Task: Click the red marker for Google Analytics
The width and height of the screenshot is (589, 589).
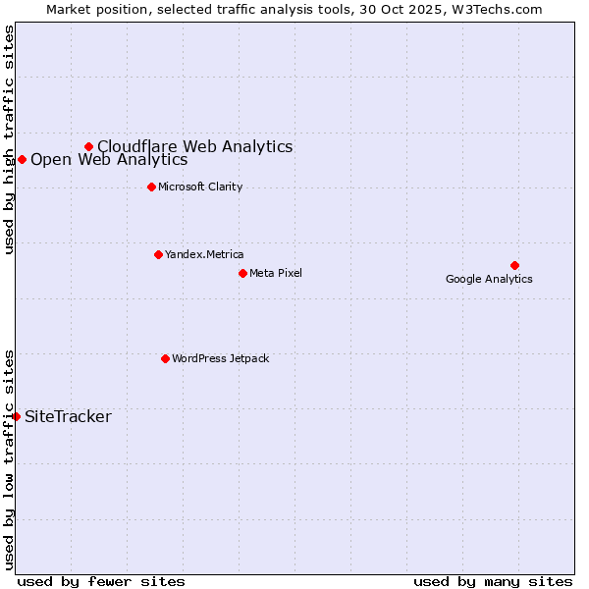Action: click(x=514, y=265)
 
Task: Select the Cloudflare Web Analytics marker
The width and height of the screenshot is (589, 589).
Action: click(x=88, y=146)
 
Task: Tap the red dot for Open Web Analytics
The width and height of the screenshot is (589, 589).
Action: click(x=22, y=159)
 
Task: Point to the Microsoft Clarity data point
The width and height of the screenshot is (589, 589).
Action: click(x=151, y=187)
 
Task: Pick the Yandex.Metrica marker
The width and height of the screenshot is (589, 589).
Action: click(x=158, y=254)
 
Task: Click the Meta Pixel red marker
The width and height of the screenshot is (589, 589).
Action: click(x=242, y=273)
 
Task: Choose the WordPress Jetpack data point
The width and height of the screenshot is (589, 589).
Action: click(x=165, y=358)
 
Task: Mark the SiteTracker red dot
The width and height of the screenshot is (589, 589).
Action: click(x=16, y=416)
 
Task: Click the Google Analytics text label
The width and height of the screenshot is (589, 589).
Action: click(x=489, y=279)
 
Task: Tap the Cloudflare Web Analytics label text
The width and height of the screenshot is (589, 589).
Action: click(x=194, y=146)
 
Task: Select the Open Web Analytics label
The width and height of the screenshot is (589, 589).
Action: click(x=108, y=159)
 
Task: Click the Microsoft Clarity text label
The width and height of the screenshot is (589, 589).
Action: click(x=200, y=187)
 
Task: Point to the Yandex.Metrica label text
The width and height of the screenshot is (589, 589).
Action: click(x=204, y=254)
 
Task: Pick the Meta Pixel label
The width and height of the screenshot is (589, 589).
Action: click(x=276, y=273)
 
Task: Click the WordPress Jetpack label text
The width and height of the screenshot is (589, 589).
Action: click(x=220, y=358)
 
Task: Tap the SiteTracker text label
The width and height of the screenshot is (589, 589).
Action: click(x=68, y=416)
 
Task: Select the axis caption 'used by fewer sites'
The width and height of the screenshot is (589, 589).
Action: click(x=101, y=581)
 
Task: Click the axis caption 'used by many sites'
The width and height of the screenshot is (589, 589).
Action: click(x=493, y=581)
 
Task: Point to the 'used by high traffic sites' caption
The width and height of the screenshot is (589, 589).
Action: click(x=9, y=139)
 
